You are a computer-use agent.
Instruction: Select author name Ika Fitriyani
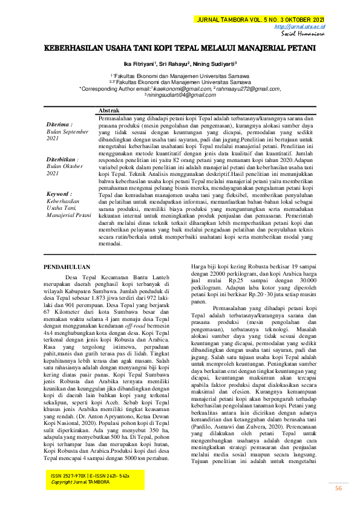pyautogui.click(x=138, y=62)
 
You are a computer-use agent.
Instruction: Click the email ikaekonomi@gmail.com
pyautogui.click(x=180, y=88)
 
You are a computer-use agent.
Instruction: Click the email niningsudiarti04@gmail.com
pyautogui.click(x=180, y=95)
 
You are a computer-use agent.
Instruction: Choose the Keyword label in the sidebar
pyautogui.click(x=59, y=193)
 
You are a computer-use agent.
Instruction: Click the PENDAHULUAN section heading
pyautogui.click(x=68, y=266)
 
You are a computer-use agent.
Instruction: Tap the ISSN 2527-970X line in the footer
pyautogui.click(x=90, y=476)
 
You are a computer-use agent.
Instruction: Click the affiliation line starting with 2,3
pyautogui.click(x=180, y=82)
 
